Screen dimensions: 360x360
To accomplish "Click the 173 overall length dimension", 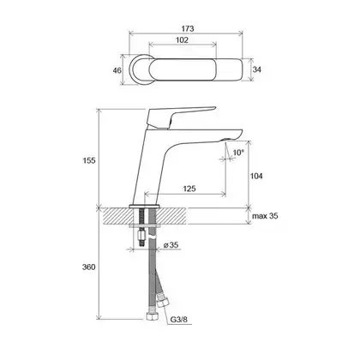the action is click(x=188, y=28).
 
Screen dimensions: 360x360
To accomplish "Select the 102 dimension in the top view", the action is click(x=182, y=40).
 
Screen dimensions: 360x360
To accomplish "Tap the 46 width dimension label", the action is click(x=117, y=70).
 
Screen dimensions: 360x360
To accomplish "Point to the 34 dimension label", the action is click(x=257, y=69).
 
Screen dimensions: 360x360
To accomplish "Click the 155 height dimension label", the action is click(x=89, y=160).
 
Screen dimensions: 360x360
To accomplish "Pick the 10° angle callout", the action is click(x=238, y=153).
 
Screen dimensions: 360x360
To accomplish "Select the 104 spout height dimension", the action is click(x=256, y=176).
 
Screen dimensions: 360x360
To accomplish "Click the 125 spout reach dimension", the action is click(x=189, y=189).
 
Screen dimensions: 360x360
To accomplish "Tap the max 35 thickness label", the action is click(x=265, y=216).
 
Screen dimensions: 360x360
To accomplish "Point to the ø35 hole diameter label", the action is click(x=171, y=245).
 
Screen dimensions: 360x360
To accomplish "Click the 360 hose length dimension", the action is click(x=89, y=267).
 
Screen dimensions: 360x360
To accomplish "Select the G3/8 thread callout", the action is click(x=178, y=320).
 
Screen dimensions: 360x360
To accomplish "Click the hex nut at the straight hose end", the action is click(x=150, y=316).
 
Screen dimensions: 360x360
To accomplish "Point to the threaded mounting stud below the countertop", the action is click(x=141, y=225).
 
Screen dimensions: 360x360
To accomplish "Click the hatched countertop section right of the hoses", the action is click(x=171, y=216).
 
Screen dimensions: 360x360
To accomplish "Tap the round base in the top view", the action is click(x=139, y=69).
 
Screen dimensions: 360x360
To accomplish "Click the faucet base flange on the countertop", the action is click(x=144, y=207).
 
